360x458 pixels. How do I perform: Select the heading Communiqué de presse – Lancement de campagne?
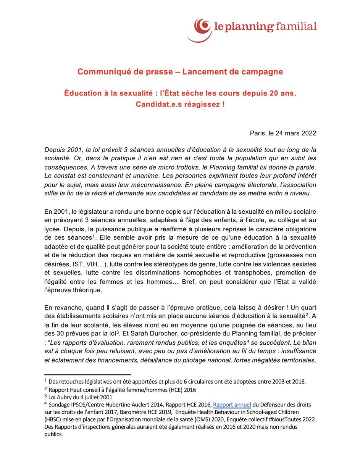click(x=180, y=72)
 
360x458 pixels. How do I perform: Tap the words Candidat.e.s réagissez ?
click(x=180, y=104)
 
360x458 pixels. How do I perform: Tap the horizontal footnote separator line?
click(x=87, y=375)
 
